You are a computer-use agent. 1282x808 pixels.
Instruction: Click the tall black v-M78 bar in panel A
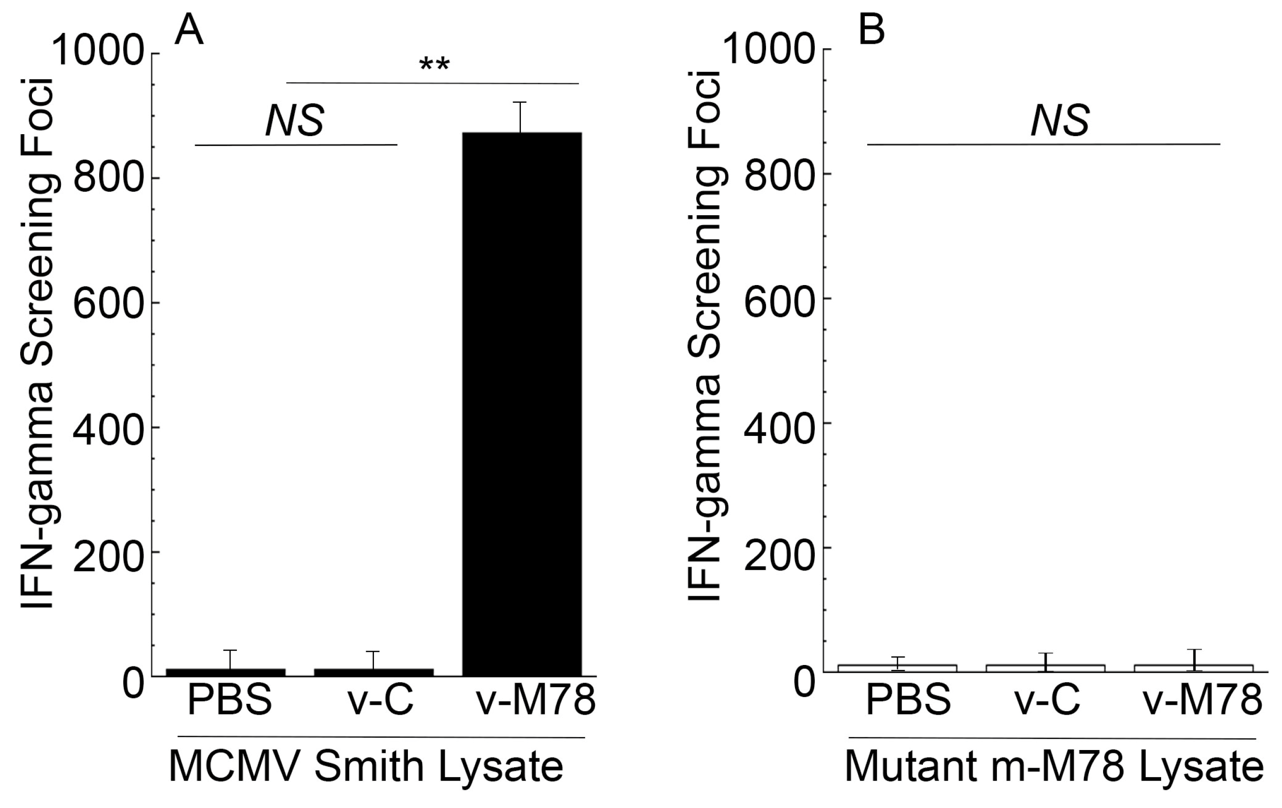(521, 405)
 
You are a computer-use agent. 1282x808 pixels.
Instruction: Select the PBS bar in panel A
(226, 672)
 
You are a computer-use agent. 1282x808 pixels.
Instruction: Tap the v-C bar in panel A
(374, 672)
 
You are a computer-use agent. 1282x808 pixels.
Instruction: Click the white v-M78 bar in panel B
(1194, 668)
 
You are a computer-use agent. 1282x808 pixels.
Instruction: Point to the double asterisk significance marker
(434, 65)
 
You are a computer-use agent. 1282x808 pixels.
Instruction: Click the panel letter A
(189, 30)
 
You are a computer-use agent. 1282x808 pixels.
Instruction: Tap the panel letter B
(872, 30)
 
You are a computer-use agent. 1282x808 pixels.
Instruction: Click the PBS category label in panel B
(908, 699)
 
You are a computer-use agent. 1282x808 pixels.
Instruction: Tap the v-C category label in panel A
(381, 699)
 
